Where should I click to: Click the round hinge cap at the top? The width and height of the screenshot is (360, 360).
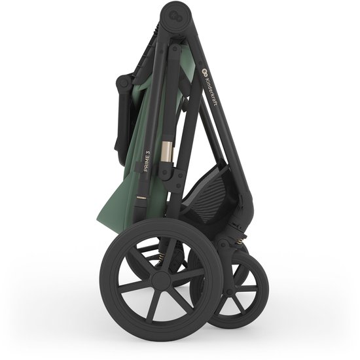[176, 16]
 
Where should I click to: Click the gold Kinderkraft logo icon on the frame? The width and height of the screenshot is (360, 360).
[203, 72]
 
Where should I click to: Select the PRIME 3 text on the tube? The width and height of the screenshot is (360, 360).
[147, 160]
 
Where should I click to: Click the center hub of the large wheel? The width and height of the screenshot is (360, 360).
[161, 279]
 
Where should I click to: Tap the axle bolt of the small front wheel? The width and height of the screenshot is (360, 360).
[229, 292]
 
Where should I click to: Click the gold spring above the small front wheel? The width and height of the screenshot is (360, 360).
[240, 240]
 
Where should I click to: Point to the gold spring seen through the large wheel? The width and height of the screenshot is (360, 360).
[162, 257]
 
